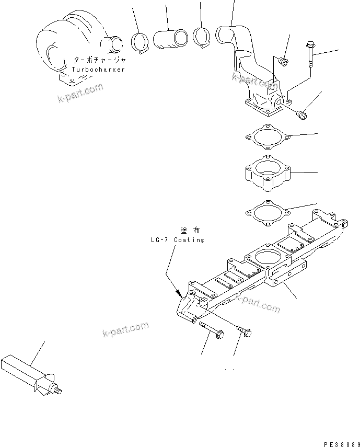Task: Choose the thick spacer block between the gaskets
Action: click(x=267, y=172)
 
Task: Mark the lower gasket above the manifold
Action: click(x=266, y=213)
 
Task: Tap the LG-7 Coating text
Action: click(x=176, y=240)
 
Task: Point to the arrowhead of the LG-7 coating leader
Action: click(x=178, y=294)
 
